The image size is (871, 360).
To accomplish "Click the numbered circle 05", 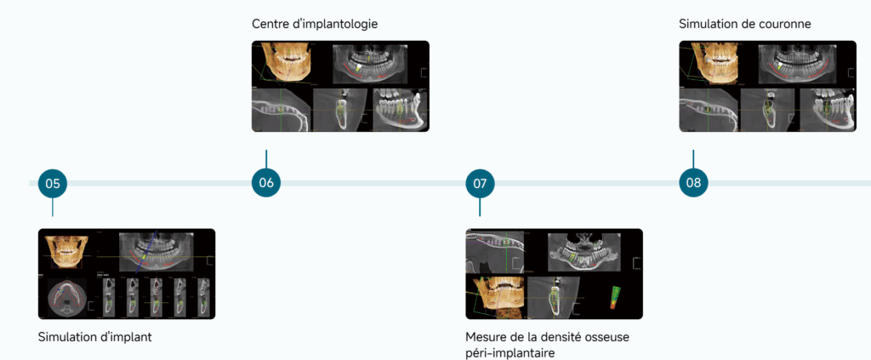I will (x=53, y=183).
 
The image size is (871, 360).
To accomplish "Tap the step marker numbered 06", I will (x=266, y=183).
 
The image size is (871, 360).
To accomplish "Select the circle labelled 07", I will (x=480, y=183).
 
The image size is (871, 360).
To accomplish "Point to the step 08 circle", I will (x=693, y=183).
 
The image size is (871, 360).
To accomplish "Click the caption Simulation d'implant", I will (x=95, y=337).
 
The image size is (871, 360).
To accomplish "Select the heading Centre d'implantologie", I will (x=315, y=24).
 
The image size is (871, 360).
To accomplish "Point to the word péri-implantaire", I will (x=510, y=352).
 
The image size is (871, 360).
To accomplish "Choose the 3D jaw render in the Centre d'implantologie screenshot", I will (x=283, y=62).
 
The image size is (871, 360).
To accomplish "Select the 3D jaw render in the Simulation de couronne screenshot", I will (x=710, y=62).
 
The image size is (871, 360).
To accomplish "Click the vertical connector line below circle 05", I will (x=53, y=207).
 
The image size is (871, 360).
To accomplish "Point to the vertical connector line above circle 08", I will (x=693, y=159).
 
